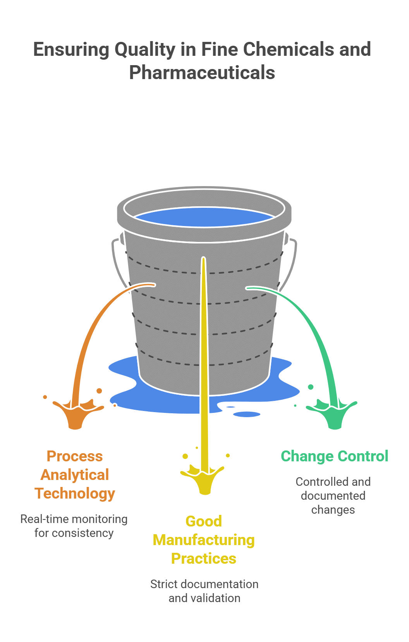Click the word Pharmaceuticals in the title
pyautogui.click(x=202, y=73)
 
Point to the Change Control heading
pyautogui.click(x=334, y=456)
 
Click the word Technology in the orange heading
pyautogui.click(x=75, y=494)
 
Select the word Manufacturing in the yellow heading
pyautogui.click(x=204, y=540)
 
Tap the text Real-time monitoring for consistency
pyautogui.click(x=74, y=526)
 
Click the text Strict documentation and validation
pyautogui.click(x=204, y=591)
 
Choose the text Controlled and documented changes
pyautogui.click(x=333, y=495)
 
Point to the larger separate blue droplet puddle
pyautogui.click(x=247, y=414)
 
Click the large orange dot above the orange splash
pyautogui.click(x=100, y=391)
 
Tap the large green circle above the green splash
pyautogui.click(x=311, y=387)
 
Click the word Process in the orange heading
pyautogui.click(x=75, y=456)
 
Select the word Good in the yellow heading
pyautogui.click(x=204, y=521)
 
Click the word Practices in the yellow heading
pyautogui.click(x=204, y=559)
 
